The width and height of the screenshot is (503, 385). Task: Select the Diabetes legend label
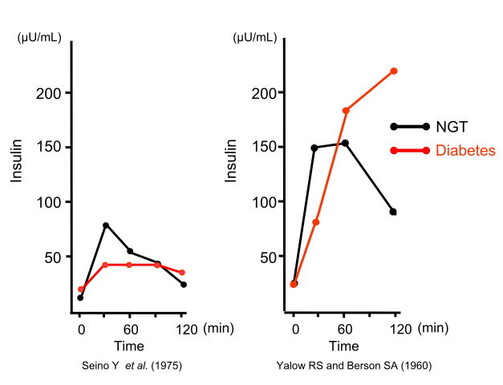click(465, 150)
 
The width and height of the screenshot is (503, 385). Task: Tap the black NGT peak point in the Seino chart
click(105, 225)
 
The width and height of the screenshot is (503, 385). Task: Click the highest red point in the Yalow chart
click(394, 71)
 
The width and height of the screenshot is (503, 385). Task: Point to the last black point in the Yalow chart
click(393, 212)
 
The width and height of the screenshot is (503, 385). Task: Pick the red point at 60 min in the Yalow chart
click(346, 111)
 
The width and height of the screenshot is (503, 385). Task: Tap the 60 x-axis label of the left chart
click(128, 328)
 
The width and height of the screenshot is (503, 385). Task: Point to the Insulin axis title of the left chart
click(16, 160)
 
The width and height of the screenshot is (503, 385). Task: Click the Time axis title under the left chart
click(128, 346)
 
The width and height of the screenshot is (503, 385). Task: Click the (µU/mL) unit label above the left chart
click(39, 36)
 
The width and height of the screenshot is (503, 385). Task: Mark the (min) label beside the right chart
click(433, 328)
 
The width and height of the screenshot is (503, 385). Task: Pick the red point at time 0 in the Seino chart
click(80, 290)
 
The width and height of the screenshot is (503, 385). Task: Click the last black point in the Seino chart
click(184, 285)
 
